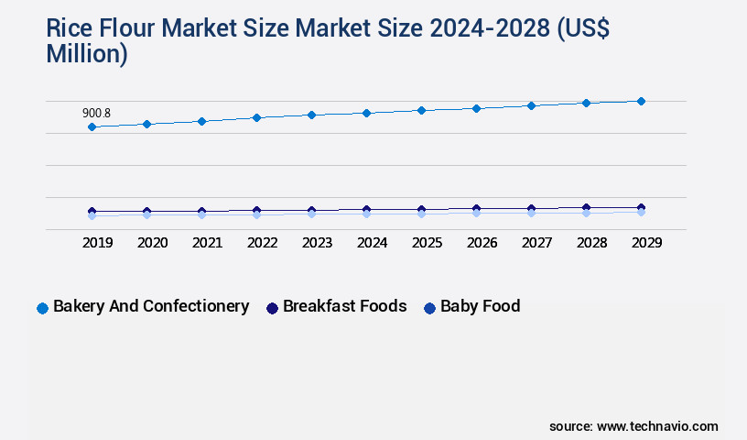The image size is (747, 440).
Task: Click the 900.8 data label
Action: pyautogui.click(x=96, y=113)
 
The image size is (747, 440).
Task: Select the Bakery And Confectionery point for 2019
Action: pyautogui.click(x=92, y=126)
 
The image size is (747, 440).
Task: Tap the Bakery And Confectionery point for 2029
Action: pyautogui.click(x=641, y=101)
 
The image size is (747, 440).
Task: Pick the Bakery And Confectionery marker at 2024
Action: pyautogui.click(x=366, y=113)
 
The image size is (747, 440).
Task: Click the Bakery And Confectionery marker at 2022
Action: pyautogui.click(x=256, y=117)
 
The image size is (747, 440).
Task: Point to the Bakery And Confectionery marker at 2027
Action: pyautogui.click(x=531, y=105)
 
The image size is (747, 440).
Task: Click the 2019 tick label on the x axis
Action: pyautogui.click(x=97, y=243)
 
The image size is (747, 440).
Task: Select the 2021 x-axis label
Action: pyautogui.click(x=207, y=243)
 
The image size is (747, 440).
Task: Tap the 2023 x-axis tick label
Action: pyautogui.click(x=317, y=243)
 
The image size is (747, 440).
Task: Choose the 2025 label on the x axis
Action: pyautogui.click(x=427, y=243)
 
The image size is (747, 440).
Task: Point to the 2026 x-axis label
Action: pyautogui.click(x=482, y=243)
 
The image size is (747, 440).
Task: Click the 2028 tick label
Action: pyautogui.click(x=591, y=243)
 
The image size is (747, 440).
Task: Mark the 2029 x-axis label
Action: pyautogui.click(x=645, y=243)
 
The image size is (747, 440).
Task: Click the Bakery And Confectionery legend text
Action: pyautogui.click(x=151, y=306)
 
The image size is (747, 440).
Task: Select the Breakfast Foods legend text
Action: pyautogui.click(x=344, y=306)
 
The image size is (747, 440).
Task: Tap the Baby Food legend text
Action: pyautogui.click(x=480, y=306)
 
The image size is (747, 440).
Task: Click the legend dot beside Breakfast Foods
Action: pyautogui.click(x=272, y=308)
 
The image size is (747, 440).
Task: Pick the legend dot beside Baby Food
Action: pyautogui.click(x=429, y=308)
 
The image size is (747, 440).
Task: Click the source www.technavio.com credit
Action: pyautogui.click(x=633, y=426)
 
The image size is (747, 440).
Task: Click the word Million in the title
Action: pyautogui.click(x=87, y=55)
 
